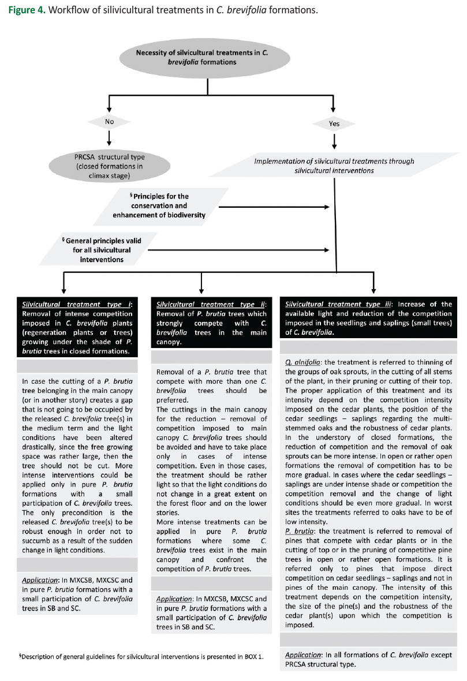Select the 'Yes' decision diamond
(335, 123)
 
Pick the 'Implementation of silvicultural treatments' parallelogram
(334, 166)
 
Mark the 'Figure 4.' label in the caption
(25, 10)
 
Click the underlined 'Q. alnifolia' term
(304, 362)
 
